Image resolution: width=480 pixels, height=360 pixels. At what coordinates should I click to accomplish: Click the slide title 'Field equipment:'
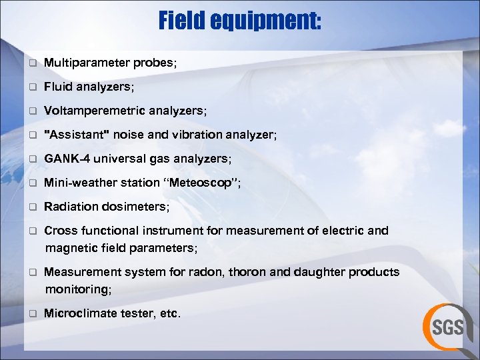pyautogui.click(x=240, y=21)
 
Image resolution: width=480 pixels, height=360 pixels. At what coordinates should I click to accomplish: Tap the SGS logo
pyautogui.click(x=447, y=327)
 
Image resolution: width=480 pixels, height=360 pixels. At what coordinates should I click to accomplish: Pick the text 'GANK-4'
pyautogui.click(x=64, y=159)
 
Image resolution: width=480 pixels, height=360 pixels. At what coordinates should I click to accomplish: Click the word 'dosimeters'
pyautogui.click(x=137, y=207)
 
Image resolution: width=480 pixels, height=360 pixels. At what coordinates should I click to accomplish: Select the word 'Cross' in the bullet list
pyautogui.click(x=58, y=231)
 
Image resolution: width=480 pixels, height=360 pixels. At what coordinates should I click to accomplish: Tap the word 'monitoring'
pyautogui.click(x=77, y=289)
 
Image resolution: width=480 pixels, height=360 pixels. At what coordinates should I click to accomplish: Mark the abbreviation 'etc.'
pyautogui.click(x=171, y=313)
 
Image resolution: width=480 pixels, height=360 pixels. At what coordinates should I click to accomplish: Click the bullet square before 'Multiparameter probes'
pyautogui.click(x=31, y=63)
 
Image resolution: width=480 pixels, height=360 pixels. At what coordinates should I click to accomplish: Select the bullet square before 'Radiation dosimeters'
pyautogui.click(x=31, y=207)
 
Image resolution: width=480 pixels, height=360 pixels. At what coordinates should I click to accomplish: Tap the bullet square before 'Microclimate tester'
pyautogui.click(x=31, y=314)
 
